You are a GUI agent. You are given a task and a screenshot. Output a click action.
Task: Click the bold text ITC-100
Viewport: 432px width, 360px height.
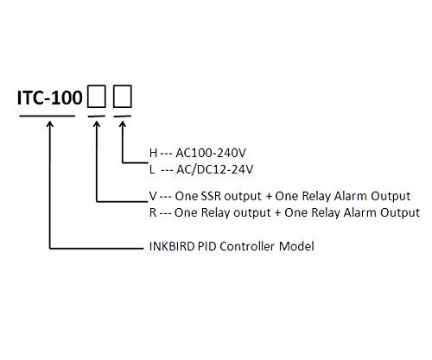coord(50,98)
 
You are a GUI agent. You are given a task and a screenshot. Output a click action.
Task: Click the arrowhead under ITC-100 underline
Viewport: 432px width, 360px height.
coord(50,123)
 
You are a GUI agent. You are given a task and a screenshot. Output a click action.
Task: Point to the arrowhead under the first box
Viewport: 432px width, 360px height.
coord(97,123)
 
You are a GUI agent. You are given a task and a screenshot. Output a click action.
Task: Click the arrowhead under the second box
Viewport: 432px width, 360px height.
coord(123,123)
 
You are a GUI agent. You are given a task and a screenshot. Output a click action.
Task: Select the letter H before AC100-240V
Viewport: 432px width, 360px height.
coord(153,153)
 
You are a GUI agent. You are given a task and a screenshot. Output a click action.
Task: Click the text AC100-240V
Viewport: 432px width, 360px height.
coord(211,153)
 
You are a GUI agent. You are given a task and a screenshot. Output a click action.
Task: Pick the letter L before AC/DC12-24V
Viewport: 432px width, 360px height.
coord(152,169)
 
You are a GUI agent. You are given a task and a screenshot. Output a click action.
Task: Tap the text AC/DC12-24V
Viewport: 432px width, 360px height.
coord(215,169)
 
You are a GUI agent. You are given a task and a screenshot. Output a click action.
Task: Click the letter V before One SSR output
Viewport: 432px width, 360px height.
coord(153,196)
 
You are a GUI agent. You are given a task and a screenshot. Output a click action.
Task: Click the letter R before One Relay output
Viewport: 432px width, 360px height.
coord(153,212)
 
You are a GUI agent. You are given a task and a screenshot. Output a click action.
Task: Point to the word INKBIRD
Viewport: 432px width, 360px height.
coord(172,246)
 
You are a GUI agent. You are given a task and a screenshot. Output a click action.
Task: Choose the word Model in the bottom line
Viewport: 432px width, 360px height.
coord(296,246)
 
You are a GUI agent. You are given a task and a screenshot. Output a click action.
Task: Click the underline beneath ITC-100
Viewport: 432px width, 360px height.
coord(47,117)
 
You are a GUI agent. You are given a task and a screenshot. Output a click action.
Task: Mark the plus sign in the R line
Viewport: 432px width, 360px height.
coord(277,213)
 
